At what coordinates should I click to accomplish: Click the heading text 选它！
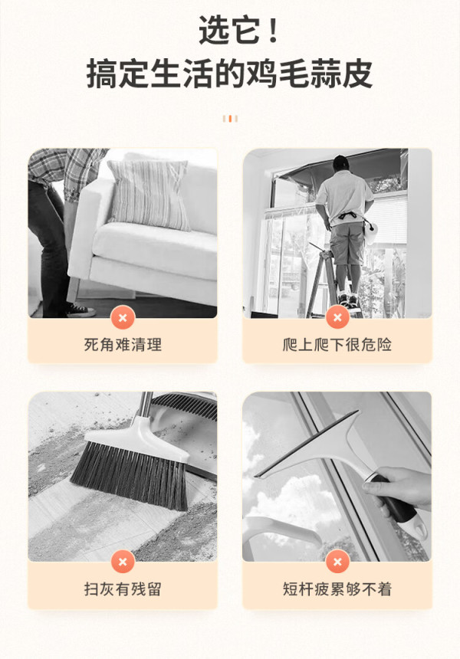click(238, 29)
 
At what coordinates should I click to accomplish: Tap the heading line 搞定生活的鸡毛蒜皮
click(229, 74)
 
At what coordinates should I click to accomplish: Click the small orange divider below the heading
click(230, 119)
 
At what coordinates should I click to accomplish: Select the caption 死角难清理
click(123, 345)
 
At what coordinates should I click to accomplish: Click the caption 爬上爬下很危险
click(337, 345)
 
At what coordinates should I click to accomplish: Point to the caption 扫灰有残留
click(123, 589)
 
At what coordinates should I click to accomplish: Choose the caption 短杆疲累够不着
click(337, 589)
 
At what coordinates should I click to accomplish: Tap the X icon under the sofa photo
click(123, 318)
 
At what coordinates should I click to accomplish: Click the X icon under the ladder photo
click(337, 318)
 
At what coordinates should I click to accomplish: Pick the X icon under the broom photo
click(123, 562)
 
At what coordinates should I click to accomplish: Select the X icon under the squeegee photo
click(337, 562)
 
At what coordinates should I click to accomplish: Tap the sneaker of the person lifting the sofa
click(80, 310)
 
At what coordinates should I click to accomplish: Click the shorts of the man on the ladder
click(347, 244)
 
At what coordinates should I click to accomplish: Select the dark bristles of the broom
click(130, 475)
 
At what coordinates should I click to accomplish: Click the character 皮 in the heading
click(358, 74)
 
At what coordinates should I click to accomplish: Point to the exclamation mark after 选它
click(273, 29)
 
